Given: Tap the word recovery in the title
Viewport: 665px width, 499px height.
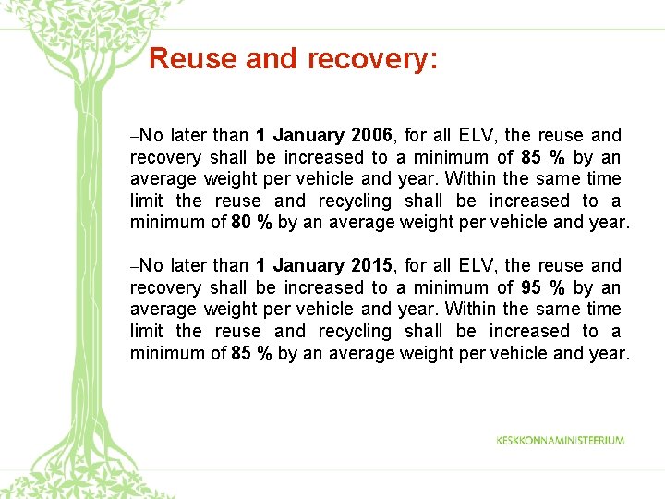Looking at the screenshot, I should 366,59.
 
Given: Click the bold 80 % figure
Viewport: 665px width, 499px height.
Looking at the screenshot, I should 251,222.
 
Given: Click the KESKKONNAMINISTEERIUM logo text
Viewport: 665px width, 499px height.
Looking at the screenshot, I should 560,440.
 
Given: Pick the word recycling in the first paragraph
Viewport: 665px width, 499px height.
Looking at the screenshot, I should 355,201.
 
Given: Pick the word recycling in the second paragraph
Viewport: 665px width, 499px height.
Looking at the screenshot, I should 355,331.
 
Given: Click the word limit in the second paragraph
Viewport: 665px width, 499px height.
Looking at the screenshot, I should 145,331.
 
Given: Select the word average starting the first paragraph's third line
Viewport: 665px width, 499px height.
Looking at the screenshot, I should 163,179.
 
